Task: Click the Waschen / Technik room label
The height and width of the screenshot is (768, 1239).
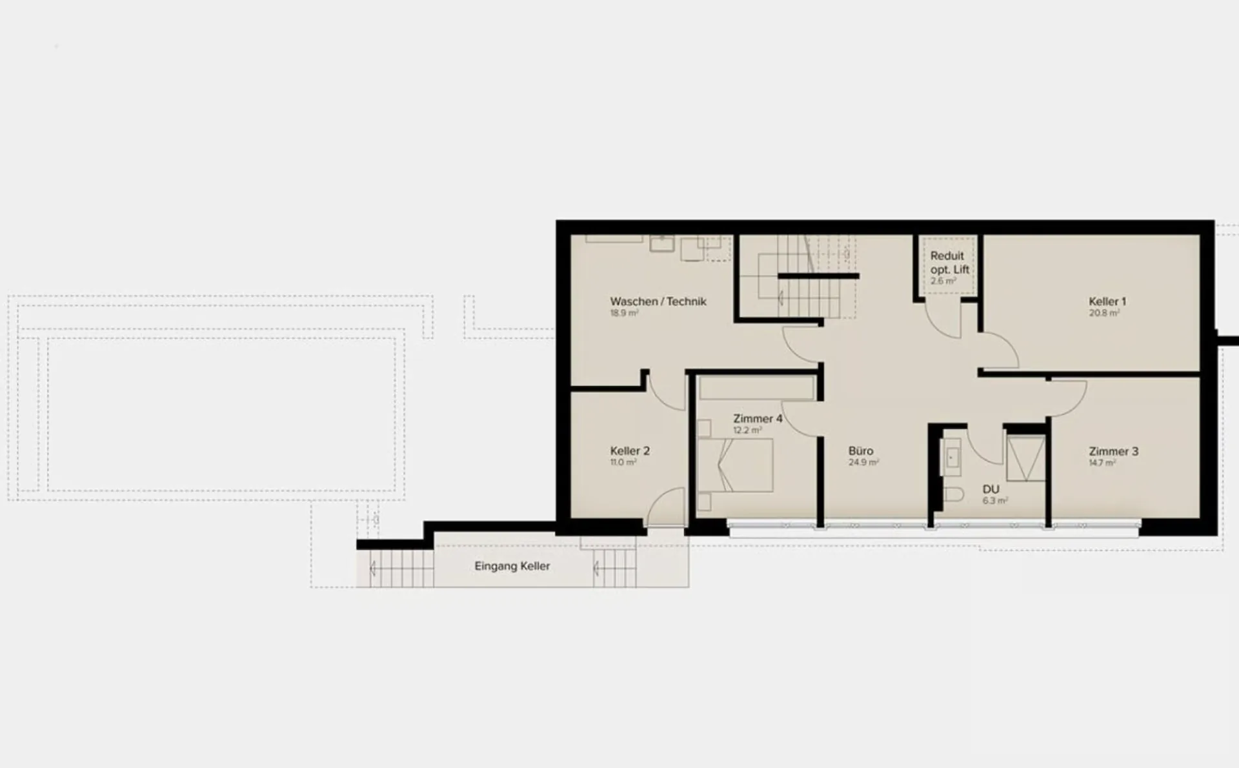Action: click(658, 301)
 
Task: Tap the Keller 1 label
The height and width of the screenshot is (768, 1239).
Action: click(1107, 301)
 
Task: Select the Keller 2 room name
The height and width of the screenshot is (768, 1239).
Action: click(630, 451)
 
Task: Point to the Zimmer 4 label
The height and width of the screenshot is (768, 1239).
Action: click(758, 419)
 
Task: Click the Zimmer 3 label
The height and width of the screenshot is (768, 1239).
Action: click(1114, 451)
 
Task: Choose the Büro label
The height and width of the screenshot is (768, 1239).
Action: click(861, 451)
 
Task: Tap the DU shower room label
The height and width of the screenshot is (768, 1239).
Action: click(991, 489)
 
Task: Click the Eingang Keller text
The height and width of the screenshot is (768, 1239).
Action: click(512, 566)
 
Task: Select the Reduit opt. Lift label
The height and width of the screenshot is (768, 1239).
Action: click(950, 263)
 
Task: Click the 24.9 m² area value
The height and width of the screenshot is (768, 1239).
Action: click(863, 462)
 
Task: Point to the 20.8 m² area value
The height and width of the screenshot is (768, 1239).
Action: click(1104, 312)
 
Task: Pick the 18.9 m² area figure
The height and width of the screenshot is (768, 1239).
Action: click(624, 313)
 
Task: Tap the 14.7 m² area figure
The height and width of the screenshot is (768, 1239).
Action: click(1102, 462)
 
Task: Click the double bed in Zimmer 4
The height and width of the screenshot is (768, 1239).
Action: click(736, 465)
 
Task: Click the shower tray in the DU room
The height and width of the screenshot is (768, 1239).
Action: click(1025, 458)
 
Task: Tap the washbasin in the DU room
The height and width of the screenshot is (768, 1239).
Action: click(952, 458)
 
